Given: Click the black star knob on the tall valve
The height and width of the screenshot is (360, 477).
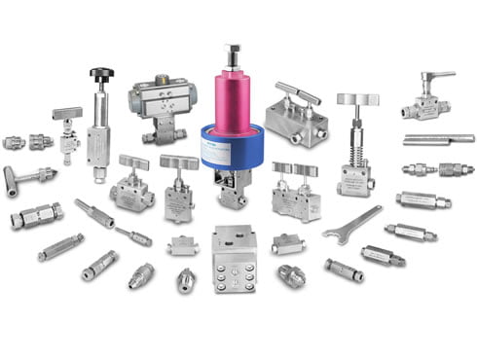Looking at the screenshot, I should tap(101, 73).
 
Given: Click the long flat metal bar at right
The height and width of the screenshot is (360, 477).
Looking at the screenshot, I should tap(437, 139).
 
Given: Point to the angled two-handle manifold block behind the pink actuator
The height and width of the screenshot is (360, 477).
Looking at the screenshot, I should tap(295, 118).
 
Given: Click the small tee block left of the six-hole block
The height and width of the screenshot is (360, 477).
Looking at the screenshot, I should tap(182, 245).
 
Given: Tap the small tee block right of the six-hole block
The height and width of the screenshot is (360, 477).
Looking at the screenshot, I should tap(288, 243).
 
